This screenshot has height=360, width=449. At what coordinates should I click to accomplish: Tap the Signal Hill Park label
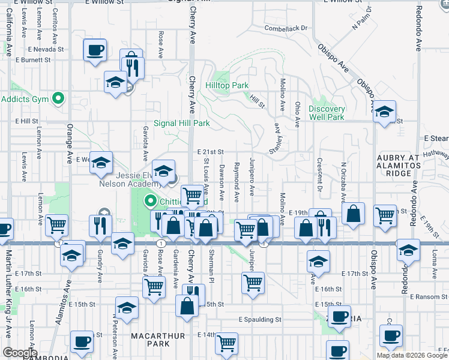point(181,123)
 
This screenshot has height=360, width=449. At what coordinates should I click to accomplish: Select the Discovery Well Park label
point(327,113)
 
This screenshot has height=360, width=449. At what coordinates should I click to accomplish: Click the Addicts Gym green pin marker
point(58,98)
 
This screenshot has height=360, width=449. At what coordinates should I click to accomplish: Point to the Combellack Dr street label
point(286,28)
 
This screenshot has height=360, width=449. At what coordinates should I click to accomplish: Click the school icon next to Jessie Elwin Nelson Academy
point(163,171)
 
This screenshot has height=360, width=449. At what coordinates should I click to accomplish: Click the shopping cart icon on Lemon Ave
point(56,225)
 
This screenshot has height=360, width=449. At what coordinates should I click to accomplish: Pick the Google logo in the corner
point(20,353)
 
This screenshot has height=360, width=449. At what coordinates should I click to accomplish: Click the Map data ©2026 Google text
point(412,355)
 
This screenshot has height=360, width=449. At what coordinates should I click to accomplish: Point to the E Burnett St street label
point(32,60)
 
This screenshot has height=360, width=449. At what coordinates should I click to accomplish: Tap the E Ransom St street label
point(427,296)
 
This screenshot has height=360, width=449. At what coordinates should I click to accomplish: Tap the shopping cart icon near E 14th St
point(227,343)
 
